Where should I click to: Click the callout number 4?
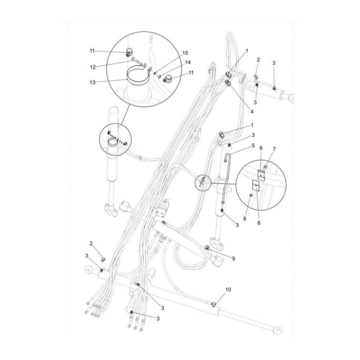[x=252, y=112]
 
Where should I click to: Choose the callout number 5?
[x=253, y=145]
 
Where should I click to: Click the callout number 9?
[x=233, y=258]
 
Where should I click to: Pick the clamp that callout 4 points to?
[x=228, y=83]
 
